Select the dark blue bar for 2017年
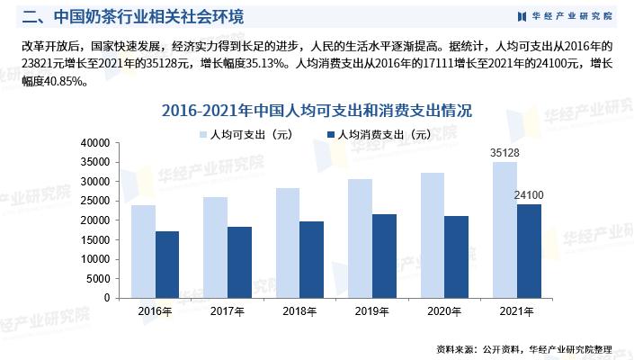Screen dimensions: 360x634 tap(239, 262)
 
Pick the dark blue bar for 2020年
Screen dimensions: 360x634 tap(456, 256)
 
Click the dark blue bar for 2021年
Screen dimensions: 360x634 tap(528, 250)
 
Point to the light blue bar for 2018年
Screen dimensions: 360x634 tap(288, 242)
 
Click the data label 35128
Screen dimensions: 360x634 tap(505, 153)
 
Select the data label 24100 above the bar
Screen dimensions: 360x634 tap(529, 195)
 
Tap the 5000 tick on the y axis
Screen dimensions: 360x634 tap(97, 278)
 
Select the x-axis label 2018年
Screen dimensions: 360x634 tap(299, 311)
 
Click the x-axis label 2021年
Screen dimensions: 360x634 tap(516, 311)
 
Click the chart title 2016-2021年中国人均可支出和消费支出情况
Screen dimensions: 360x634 tap(317, 111)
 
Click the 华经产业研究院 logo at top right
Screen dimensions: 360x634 tap(564, 16)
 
